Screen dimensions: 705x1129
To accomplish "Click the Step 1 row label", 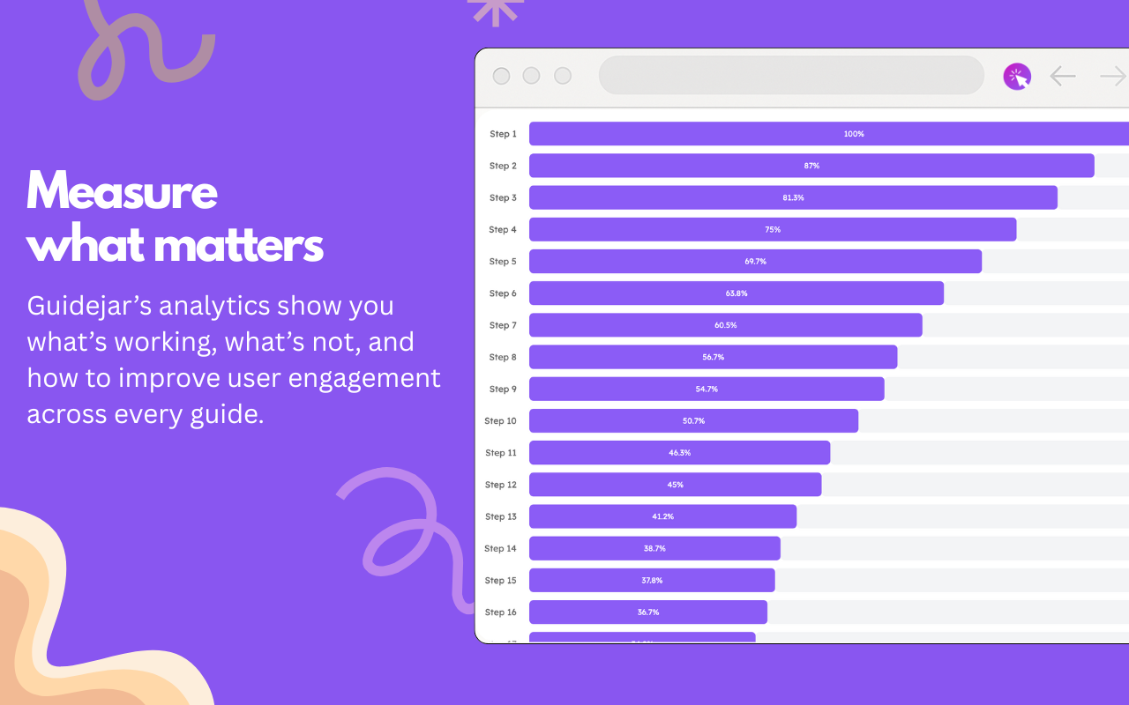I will pos(503,134).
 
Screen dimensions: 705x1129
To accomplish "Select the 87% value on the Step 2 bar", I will pos(811,166).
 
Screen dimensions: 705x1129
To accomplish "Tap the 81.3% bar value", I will pos(793,197).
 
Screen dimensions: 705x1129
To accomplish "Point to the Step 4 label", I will pos(503,230).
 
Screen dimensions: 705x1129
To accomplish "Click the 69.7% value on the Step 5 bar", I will pos(755,262).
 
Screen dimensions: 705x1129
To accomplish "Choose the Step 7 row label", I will pos(503,325).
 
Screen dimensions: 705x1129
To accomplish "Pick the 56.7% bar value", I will pos(713,357).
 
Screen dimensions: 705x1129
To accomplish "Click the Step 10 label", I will pos(500,421).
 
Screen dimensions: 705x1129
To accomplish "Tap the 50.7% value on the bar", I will pos(693,421).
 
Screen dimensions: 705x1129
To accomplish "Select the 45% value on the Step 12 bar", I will pos(675,485).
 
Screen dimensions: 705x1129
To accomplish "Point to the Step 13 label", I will pos(500,516).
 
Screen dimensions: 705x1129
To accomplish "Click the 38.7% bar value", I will pos(654,548).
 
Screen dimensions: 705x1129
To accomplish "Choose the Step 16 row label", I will pos(500,612).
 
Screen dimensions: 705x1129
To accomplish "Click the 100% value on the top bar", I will pos(854,134).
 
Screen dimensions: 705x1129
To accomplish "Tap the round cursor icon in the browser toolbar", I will pos(1017,77).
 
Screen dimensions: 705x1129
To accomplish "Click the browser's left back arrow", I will pos(1063,77).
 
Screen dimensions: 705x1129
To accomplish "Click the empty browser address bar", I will pos(791,76).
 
